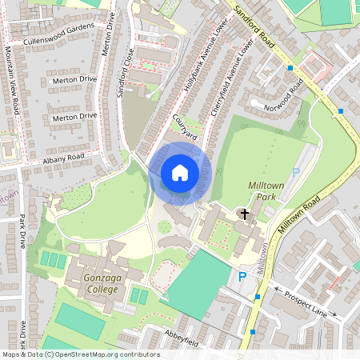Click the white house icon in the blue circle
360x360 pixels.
[x=180, y=172]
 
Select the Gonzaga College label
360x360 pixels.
[x=89, y=282]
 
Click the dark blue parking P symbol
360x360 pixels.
[x=242, y=277]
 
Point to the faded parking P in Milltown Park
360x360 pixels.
[x=295, y=172]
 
